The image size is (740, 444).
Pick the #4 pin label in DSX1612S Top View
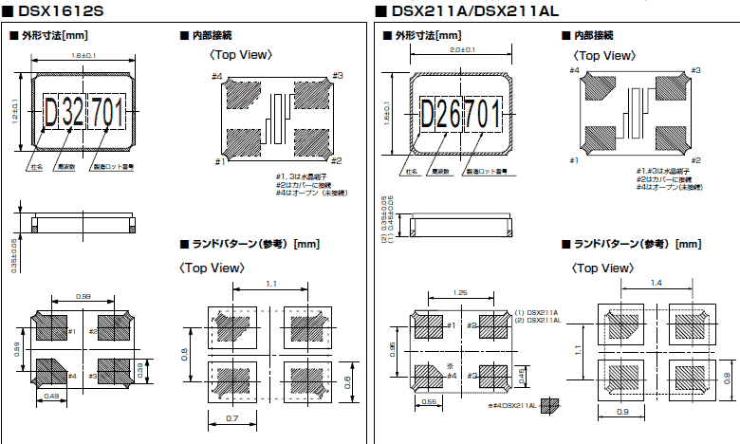[x=216, y=76]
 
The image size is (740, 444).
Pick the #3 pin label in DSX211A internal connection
[x=695, y=70]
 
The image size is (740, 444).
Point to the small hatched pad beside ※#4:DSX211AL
[x=548, y=404]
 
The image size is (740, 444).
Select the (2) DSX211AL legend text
[x=536, y=321]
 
